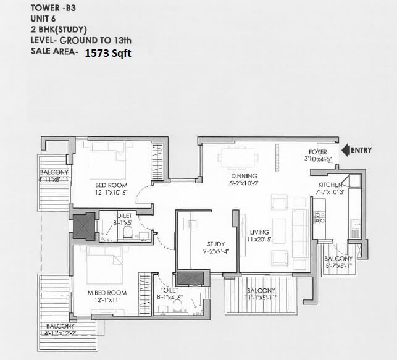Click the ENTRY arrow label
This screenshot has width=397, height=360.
(361, 150)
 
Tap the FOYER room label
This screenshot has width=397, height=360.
(318, 152)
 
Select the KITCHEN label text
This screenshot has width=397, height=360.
(330, 185)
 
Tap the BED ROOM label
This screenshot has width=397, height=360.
(111, 185)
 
